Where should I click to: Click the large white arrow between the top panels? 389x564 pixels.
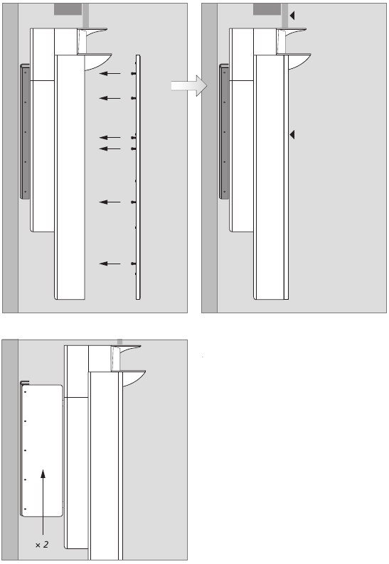click(x=189, y=86)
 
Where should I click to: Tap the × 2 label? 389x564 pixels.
click(x=42, y=545)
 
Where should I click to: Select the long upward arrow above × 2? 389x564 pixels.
click(x=43, y=502)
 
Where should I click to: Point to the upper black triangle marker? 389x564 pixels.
click(x=292, y=16)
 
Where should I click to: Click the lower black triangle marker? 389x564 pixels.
click(x=292, y=134)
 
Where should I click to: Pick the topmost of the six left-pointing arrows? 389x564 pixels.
click(x=110, y=73)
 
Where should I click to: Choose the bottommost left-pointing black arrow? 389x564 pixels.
click(x=110, y=264)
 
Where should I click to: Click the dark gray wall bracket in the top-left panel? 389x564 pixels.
click(x=24, y=131)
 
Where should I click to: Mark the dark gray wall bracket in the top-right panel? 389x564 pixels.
click(x=224, y=131)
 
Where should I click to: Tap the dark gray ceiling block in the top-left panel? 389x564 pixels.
click(x=68, y=9)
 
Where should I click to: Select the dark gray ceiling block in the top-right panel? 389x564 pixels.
click(x=267, y=9)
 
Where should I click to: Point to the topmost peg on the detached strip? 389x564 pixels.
click(x=133, y=73)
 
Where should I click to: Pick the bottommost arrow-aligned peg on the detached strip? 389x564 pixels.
click(x=133, y=264)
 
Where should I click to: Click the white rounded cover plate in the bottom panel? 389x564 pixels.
click(x=42, y=450)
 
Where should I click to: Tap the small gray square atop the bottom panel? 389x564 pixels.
click(x=120, y=342)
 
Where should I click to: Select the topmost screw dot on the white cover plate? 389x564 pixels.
click(x=25, y=391)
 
